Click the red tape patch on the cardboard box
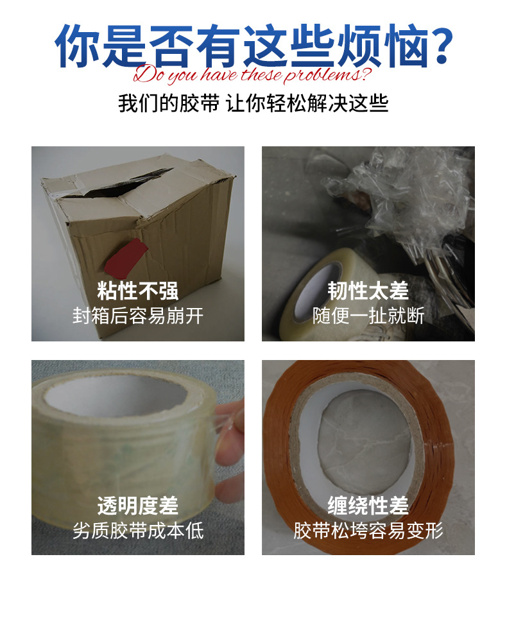click(x=126, y=257)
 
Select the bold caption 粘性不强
click(x=137, y=291)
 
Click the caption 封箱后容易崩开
click(x=137, y=316)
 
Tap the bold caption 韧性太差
click(x=368, y=291)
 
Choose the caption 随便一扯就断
click(x=368, y=316)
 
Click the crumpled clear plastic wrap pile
click(x=398, y=197)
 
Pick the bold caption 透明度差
click(x=137, y=505)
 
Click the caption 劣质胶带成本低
click(x=137, y=530)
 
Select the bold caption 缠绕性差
click(x=368, y=505)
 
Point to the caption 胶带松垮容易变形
click(x=368, y=530)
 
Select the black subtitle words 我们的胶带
click(x=169, y=104)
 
